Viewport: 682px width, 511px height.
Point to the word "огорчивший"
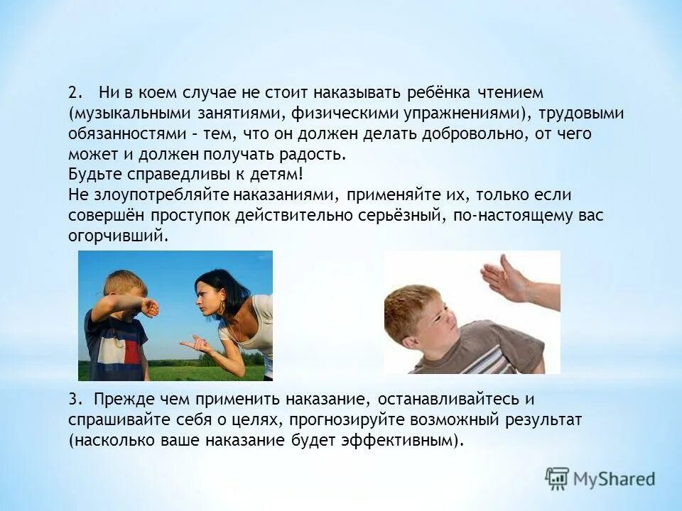pyautogui.click(x=118, y=236)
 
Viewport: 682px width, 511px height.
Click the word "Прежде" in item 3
pyautogui.click(x=119, y=400)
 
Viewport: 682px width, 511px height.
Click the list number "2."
pyautogui.click(x=76, y=94)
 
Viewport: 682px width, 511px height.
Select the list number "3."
pyautogui.click(x=76, y=400)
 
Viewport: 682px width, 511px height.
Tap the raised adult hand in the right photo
pyautogui.click(x=505, y=279)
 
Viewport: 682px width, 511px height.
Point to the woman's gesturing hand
pyautogui.click(x=196, y=346)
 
